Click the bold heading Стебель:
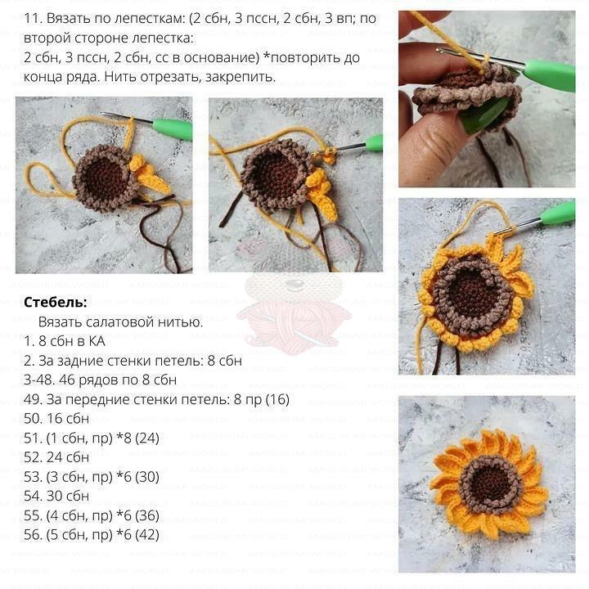56,302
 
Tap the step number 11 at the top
32,18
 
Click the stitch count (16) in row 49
277,399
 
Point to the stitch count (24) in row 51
147,438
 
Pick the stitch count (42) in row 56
147,534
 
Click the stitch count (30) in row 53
147,477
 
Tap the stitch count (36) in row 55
147,515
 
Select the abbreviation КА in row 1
97,341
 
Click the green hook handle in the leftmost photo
173,128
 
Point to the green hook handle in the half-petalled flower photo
558,214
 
